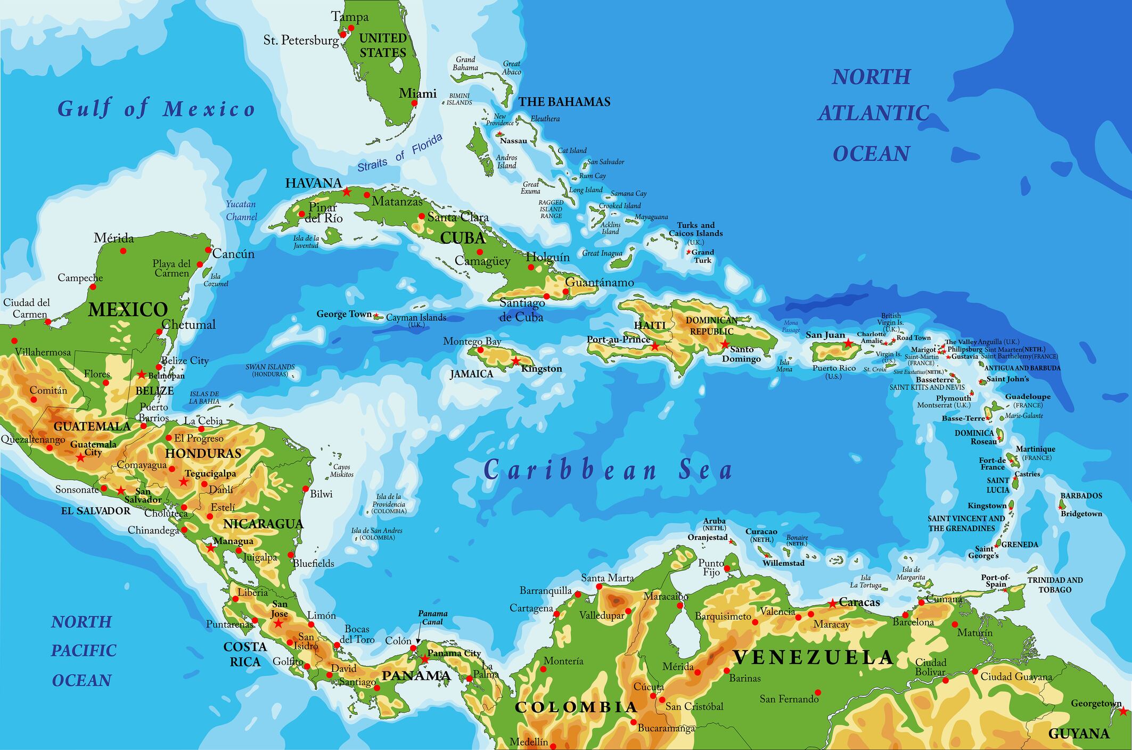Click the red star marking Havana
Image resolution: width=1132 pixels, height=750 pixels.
coord(347,192)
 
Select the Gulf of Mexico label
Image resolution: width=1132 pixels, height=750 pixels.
coord(157,109)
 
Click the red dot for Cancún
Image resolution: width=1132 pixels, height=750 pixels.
coord(208,250)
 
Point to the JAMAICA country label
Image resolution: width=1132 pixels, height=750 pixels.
coord(472,374)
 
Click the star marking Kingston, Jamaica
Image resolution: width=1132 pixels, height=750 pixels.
coord(515,361)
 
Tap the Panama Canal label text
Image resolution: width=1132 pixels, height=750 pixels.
coord(432,617)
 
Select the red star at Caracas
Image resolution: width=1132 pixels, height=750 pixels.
coord(832,604)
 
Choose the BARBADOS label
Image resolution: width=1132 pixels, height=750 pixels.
coord(1081,496)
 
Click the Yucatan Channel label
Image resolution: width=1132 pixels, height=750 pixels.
coord(241,211)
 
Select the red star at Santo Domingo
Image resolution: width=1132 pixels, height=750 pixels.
coord(725,344)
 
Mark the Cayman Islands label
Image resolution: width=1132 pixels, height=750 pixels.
coord(416,318)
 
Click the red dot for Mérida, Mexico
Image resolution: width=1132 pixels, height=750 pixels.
coord(124,251)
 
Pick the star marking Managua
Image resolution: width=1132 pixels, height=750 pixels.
coord(210,547)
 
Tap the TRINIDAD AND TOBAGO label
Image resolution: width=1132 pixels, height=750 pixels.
coord(1055,584)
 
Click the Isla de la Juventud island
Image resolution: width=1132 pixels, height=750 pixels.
coord(332,235)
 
